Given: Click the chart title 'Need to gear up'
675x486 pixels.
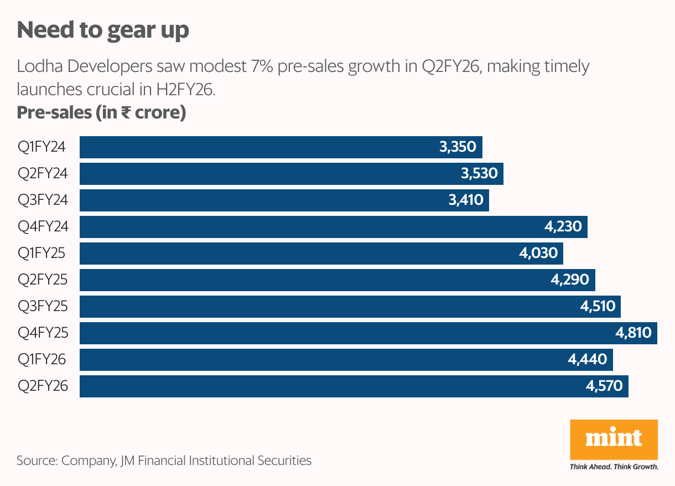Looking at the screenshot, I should pyautogui.click(x=103, y=30).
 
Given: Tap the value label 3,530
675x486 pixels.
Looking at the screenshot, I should pyautogui.click(x=479, y=174).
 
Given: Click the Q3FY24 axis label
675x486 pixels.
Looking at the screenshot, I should pyautogui.click(x=43, y=200).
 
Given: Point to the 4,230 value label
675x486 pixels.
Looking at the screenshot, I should pyautogui.click(x=563, y=227).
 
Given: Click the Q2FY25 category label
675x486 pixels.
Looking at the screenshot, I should pyautogui.click(x=43, y=280).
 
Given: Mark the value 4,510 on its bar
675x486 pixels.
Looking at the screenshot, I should pyautogui.click(x=598, y=306).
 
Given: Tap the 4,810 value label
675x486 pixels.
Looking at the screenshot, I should pyautogui.click(x=634, y=333).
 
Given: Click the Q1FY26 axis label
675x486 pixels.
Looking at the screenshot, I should pyautogui.click(x=42, y=360).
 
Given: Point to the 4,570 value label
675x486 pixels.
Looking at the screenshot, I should pyautogui.click(x=604, y=386).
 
